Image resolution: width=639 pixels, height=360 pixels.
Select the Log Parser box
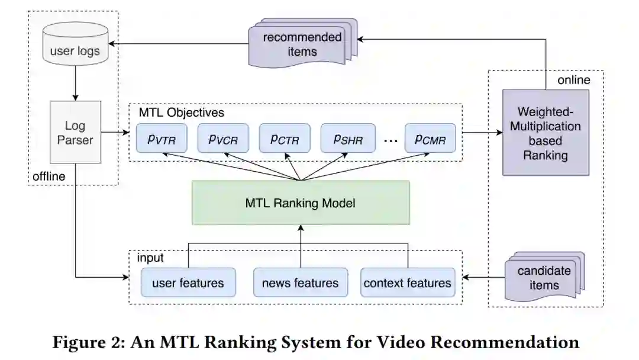click(75, 132)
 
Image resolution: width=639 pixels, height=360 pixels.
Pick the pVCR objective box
click(223, 139)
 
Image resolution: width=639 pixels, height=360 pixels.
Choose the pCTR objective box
click(285, 139)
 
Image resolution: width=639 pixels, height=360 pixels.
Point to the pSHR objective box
click(347, 139)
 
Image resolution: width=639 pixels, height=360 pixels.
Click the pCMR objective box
click(430, 139)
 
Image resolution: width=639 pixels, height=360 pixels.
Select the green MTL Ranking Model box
click(301, 203)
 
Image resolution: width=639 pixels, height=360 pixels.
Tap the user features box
click(188, 282)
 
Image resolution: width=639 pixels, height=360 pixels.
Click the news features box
click(300, 282)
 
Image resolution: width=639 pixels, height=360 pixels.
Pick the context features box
click(408, 282)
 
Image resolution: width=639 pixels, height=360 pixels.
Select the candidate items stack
click(544, 277)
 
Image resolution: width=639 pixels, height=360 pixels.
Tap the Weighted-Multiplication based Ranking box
click(545, 133)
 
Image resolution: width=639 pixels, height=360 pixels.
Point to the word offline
click(49, 176)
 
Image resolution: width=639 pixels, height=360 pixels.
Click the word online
click(574, 79)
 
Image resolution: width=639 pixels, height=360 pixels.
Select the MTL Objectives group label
click(181, 112)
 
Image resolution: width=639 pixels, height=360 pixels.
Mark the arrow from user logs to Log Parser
click(75, 83)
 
